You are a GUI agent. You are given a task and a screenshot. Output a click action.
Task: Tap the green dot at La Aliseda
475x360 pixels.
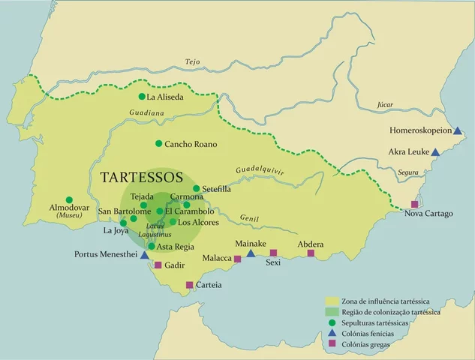point(142,97)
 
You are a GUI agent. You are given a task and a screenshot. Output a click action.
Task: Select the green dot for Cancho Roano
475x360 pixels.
point(158,143)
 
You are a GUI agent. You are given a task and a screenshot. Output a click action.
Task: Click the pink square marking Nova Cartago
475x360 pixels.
point(414,204)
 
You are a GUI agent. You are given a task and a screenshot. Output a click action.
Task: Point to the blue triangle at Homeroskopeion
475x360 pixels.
point(458,130)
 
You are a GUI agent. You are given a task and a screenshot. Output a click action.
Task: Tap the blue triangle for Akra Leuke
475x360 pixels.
point(435,151)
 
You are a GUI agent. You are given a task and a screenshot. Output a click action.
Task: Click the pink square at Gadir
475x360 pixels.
point(158,265)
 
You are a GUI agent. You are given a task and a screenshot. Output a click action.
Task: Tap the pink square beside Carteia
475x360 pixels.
point(190,284)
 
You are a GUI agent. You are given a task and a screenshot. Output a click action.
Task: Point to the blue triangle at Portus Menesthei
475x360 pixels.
point(145,255)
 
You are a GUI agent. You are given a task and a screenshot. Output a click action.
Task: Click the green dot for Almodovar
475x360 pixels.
point(69,198)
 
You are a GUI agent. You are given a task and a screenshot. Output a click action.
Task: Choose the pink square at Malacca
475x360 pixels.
point(237,259)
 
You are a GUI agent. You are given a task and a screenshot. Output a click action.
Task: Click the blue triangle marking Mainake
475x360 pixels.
point(251,253)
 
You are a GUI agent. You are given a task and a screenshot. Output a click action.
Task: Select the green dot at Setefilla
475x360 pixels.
point(197,189)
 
